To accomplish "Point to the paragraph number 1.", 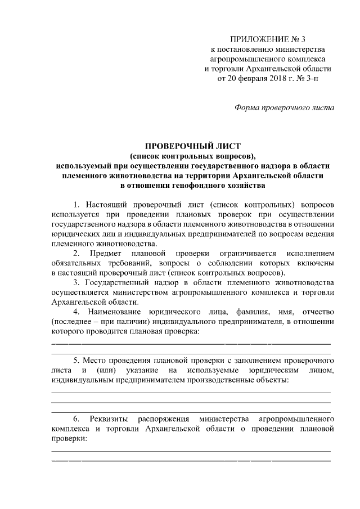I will [x=76, y=203].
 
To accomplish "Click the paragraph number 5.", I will [x=76, y=361].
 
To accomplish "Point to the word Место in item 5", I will [x=93, y=361].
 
